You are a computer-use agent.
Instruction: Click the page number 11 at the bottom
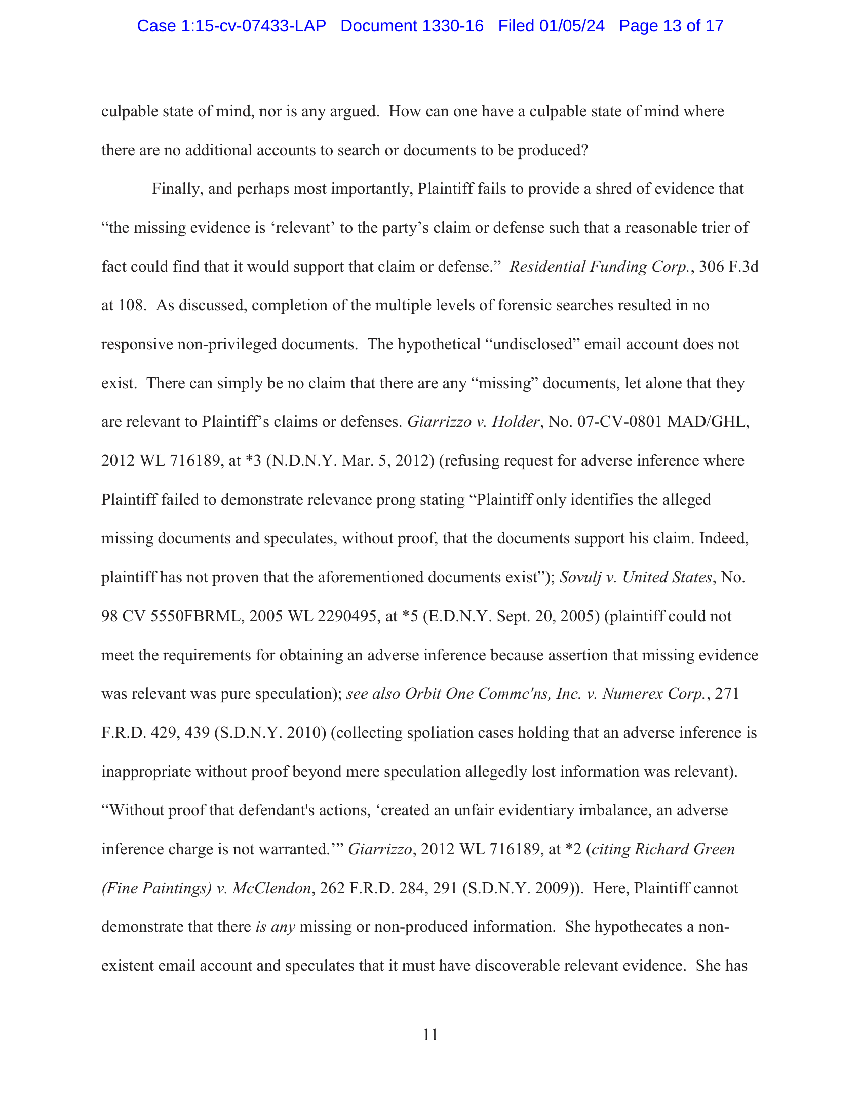point(430,1035)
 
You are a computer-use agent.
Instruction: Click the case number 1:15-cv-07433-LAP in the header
point(231,26)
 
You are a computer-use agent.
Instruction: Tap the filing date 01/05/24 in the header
point(572,26)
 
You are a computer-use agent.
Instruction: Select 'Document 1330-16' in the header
point(412,26)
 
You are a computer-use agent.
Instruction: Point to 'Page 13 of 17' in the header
point(671,26)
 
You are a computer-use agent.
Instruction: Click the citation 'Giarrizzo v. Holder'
point(473,422)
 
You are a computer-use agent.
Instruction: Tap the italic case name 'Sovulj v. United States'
point(635,577)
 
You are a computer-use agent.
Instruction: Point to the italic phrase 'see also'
point(372,694)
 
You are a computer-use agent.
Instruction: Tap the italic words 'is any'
point(276,927)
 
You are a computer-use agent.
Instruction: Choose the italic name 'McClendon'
point(271,888)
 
